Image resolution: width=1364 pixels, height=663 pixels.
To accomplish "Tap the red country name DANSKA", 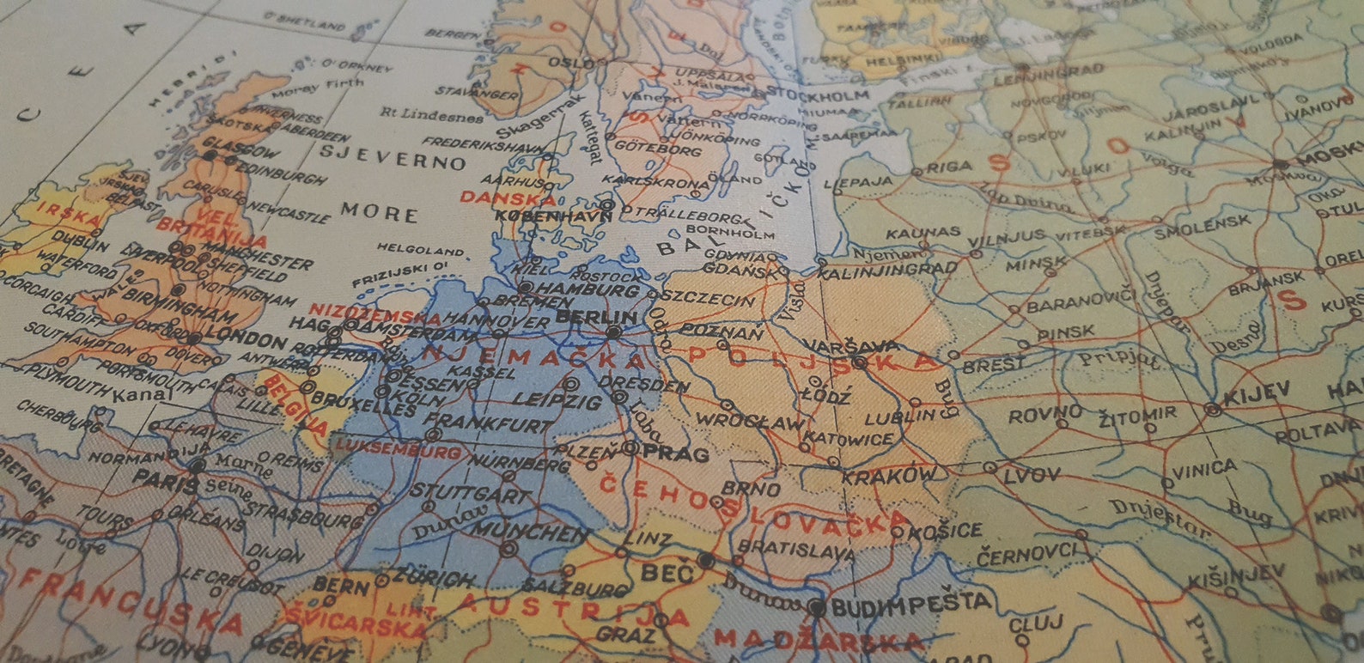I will coord(496,198).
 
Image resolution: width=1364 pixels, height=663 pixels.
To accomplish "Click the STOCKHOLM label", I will coord(818,93).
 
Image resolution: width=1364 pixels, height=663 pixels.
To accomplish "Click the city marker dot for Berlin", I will coord(613,331).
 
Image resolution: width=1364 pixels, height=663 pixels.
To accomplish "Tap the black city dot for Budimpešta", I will coord(816,608).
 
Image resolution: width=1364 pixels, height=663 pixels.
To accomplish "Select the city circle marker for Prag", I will coord(630,447).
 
